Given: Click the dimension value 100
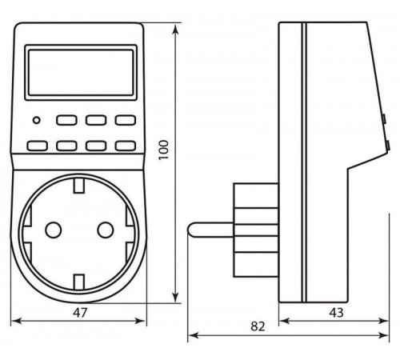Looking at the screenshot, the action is point(164,150).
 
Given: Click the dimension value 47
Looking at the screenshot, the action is point(80,313).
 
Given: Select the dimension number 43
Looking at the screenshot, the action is point(336,313).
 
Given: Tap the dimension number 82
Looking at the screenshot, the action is point(258,326).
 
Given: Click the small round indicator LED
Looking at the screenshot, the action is point(37,120).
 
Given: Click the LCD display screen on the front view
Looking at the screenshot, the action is point(81,72).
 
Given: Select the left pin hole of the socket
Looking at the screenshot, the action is point(54,230).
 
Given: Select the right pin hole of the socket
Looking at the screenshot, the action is point(106,230).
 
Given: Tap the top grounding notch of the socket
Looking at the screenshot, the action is point(79,186).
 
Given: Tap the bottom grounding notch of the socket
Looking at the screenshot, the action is point(79,282).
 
